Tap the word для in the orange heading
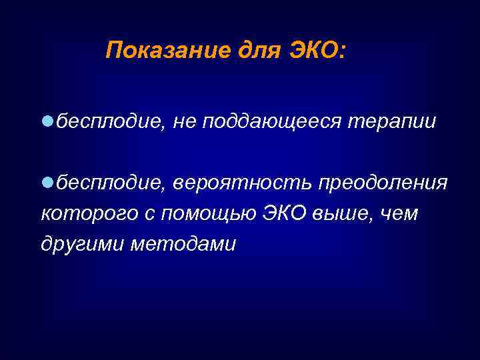point(252,51)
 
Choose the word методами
point(183,244)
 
